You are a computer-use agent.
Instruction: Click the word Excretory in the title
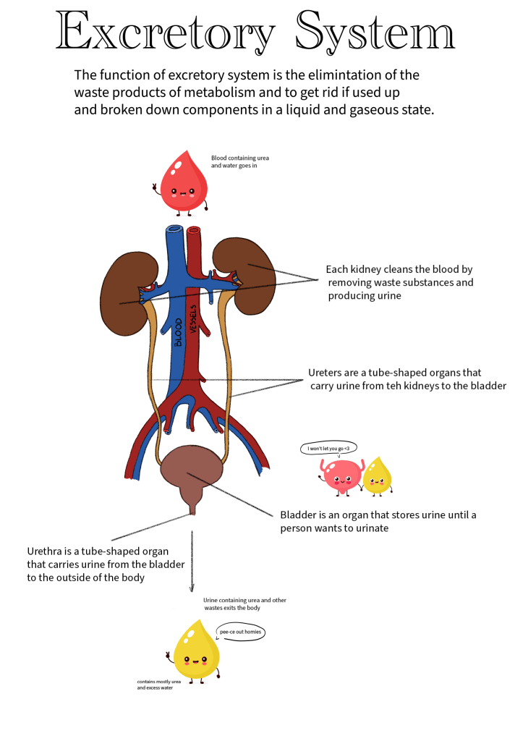tap(166, 33)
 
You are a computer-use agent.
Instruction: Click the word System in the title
tap(376, 33)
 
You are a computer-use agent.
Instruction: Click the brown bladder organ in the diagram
tap(192, 474)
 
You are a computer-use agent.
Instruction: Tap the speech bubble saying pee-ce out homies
tap(241, 632)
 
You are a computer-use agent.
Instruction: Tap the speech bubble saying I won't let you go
tap(328, 449)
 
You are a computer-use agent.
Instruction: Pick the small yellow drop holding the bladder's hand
tap(376, 476)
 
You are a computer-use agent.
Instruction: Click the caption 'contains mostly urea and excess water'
tap(158, 685)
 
